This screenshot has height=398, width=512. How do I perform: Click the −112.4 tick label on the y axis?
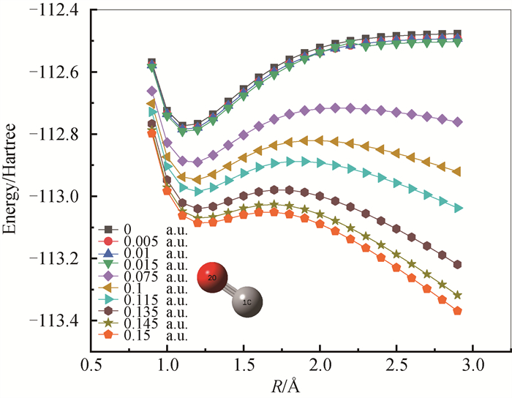coord(54,10)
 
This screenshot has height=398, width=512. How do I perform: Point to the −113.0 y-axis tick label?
coord(54,196)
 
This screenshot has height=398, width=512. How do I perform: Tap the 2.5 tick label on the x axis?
coord(396,365)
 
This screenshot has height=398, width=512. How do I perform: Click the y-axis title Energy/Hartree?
coord(9,179)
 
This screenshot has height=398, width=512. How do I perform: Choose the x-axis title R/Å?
coord(285,386)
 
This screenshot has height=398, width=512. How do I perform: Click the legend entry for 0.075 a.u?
coord(143,277)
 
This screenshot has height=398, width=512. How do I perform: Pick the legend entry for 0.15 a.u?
coord(143,335)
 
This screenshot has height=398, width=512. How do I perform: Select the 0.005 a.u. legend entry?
coord(143,241)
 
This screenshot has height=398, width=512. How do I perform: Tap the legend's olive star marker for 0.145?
coord(110,323)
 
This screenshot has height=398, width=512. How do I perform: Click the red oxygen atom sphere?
coord(212,277)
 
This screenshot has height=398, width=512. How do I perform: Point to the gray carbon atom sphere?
coord(247,301)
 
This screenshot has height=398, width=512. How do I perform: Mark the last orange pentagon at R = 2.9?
coord(457,310)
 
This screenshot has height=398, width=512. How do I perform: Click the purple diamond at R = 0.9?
coord(151,91)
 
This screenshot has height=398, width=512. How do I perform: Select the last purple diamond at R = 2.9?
coord(457,122)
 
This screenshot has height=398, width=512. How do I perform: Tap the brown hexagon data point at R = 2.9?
coord(457,264)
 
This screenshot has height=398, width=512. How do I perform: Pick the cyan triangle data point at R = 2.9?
coord(458,208)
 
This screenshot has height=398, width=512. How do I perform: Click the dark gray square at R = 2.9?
coord(457,34)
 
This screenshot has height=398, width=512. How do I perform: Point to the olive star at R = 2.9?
coord(457,295)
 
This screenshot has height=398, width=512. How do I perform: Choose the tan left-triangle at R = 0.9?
coord(151,104)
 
